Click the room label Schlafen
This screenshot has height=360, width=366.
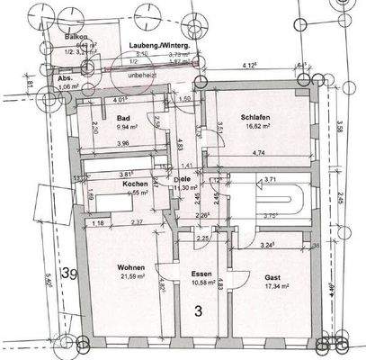pyautogui.click(x=257, y=117)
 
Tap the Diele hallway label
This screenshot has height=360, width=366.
pyautogui.click(x=182, y=178)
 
